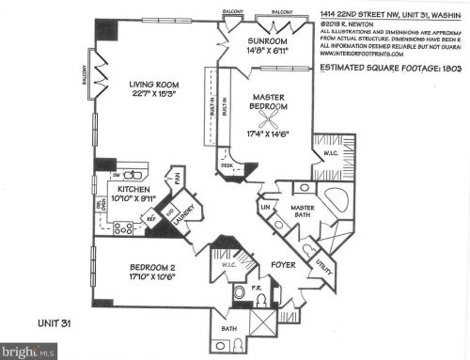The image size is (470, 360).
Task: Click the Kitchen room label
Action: click(134, 188)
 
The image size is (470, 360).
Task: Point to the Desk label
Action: click(227, 165)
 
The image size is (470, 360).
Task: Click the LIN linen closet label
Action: click(267, 206)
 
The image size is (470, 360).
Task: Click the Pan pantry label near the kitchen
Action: click(176, 177)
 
